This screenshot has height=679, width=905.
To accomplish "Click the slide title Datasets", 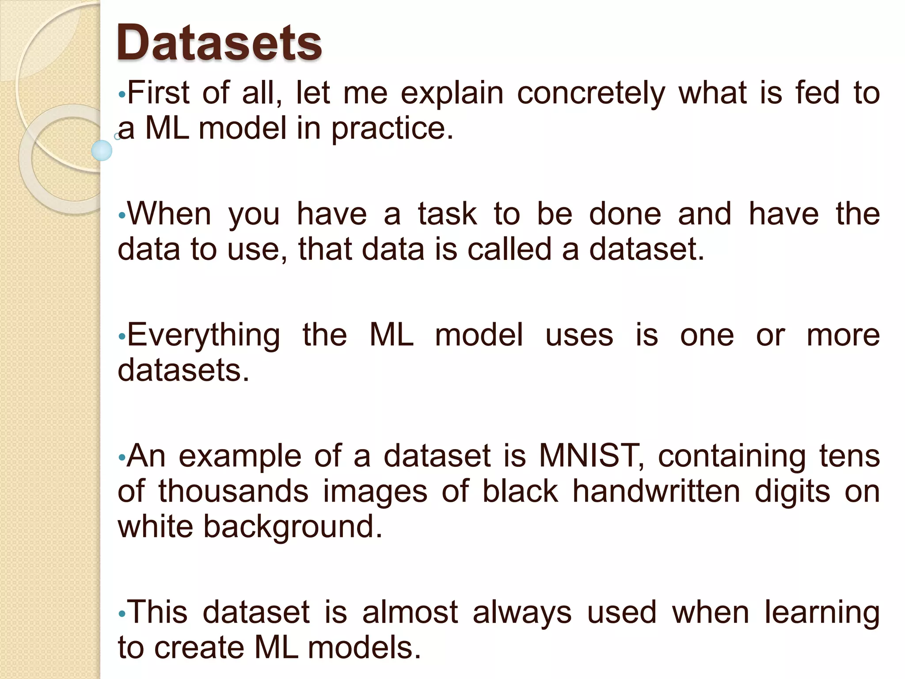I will [219, 43].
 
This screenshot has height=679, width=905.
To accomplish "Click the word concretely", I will [591, 94].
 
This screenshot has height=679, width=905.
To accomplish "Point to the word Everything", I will [204, 336].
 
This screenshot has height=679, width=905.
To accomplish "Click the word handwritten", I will [656, 491].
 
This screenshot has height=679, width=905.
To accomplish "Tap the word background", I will [293, 527].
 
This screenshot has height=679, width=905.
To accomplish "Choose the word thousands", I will [233, 491].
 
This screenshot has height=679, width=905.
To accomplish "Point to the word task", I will [447, 214].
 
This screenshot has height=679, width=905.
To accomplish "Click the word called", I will [510, 249].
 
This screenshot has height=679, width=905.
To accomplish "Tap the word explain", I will [452, 94].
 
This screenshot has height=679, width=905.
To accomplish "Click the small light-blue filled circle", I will [102, 150].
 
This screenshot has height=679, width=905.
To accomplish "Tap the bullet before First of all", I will [122, 95].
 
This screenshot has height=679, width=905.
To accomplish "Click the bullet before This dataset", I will [122, 614].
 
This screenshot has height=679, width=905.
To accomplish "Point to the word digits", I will [792, 492].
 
